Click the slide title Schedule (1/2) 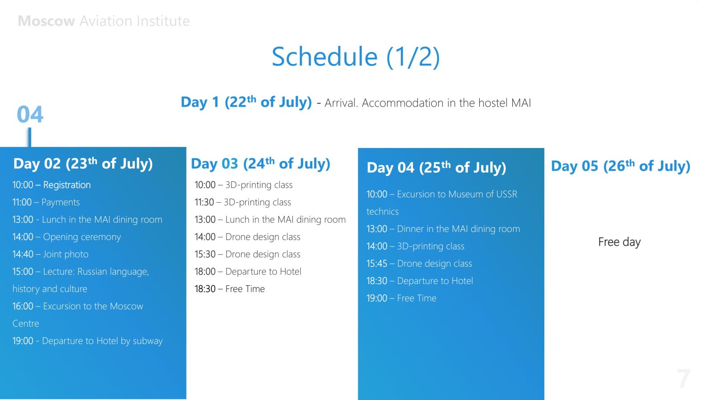pos(356,57)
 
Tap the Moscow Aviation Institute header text pos(104,21)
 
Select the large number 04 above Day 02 pos(30,114)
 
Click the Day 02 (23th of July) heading pos(83,164)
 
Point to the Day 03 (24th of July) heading pos(261,164)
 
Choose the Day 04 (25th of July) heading pos(437,167)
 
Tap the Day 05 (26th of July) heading pos(621,166)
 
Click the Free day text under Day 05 pos(619,242)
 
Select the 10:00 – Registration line pos(52,185)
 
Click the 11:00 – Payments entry pos(46,202)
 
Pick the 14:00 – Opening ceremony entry pos(66,237)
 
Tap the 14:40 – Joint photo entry pos(50,254)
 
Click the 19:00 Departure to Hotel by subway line pos(87,341)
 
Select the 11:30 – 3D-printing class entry pos(243,202)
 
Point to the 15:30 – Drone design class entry pos(247,254)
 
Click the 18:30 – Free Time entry pos(230,289)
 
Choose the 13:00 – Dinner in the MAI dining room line pos(443,229)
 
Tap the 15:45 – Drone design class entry pos(419,264)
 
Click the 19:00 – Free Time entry pos(401,298)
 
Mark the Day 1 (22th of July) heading pos(247,102)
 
